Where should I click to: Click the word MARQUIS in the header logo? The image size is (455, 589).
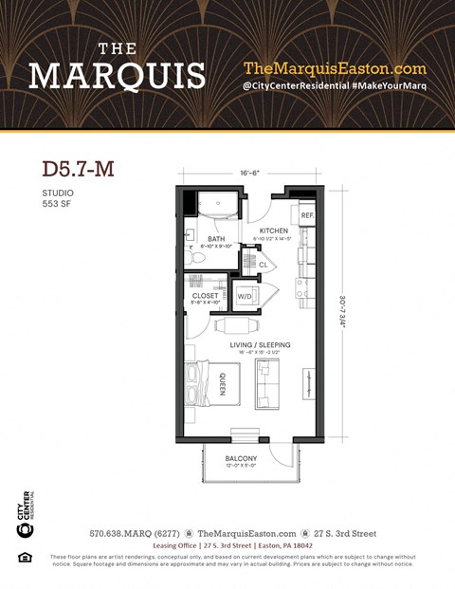[117, 75]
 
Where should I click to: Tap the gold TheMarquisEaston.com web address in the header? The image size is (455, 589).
[335, 68]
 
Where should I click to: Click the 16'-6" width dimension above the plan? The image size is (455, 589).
[251, 174]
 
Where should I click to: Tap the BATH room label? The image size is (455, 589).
[215, 239]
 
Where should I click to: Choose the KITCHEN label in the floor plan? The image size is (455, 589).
[273, 231]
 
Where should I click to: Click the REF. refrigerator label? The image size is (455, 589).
[307, 216]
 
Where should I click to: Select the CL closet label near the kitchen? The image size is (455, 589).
[263, 265]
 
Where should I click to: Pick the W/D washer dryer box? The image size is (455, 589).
[245, 296]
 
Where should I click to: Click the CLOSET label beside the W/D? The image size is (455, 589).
[205, 296]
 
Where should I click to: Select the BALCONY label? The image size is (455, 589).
[243, 458]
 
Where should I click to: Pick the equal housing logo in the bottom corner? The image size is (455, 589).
[25, 558]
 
